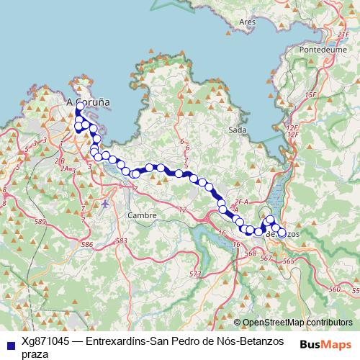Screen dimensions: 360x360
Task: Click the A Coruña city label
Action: click(89, 102)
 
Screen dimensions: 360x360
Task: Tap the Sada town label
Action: click(237, 130)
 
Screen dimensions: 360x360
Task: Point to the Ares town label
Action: click(247, 22)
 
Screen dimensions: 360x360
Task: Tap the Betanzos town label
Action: click(282, 234)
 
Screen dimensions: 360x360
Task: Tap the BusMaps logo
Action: click(326, 343)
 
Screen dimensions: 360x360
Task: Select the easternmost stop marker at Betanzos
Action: click(282, 233)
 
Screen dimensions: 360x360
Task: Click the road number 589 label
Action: click(40, 220)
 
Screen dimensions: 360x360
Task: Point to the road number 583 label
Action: click(121, 240)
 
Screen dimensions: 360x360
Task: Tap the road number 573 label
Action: click(194, 274)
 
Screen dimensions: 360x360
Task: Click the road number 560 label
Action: click(333, 289)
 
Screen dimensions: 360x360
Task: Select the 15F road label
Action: click(311, 95)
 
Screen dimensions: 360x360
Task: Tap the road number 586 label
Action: click(87, 246)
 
